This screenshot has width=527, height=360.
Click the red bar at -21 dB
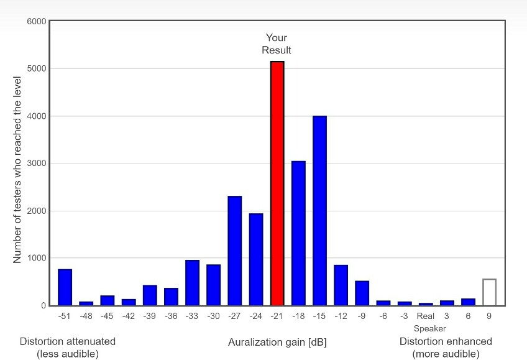click(277, 183)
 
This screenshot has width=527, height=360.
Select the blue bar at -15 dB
click(319, 211)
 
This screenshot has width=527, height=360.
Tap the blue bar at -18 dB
click(298, 233)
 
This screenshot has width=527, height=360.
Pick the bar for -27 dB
click(234, 251)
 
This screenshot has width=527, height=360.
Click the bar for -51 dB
click(65, 287)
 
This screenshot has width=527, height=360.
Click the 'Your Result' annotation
click(277, 44)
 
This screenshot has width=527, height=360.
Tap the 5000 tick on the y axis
click(36, 68)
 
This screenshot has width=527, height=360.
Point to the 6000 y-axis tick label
click(36, 21)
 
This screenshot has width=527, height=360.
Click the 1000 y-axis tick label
click(36, 258)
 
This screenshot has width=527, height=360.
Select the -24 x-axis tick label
click(255, 316)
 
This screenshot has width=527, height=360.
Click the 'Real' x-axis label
click(426, 316)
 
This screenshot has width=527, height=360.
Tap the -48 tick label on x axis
click(86, 316)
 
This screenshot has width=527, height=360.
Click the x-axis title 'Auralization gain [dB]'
click(277, 343)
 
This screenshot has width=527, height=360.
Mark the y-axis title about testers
click(17, 170)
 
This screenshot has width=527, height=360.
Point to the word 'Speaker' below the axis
click(430, 328)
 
